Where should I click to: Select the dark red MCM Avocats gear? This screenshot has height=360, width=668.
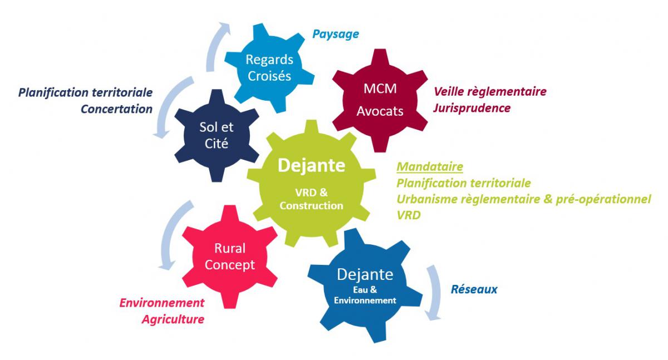tap(384, 100)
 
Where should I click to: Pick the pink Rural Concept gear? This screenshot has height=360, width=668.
tap(230, 257)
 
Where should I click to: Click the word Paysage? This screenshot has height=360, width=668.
tap(335, 34)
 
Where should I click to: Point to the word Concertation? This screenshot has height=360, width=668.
tap(116, 109)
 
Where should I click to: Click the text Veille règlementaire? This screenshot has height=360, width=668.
tap(490, 91)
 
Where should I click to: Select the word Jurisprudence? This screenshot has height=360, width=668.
tap(471, 108)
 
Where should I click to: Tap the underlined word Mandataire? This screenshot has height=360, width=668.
tap(430, 166)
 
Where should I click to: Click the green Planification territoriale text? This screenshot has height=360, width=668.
tap(463, 183)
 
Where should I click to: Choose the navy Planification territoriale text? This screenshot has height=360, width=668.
tap(85, 92)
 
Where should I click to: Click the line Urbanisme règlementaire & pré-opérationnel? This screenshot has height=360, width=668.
tap(523, 199)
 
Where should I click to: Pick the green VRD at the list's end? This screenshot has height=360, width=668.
tap(408, 215)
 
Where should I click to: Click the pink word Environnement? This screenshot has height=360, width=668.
tap(162, 303)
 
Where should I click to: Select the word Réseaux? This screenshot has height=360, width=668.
tap(474, 289)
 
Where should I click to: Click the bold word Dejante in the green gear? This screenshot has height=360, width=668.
tap(311, 165)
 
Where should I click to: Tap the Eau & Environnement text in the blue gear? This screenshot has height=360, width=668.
tap(366, 295)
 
